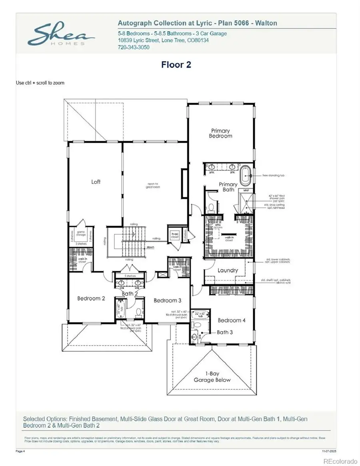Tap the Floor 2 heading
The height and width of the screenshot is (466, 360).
(176, 64)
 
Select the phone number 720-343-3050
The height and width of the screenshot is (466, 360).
(134, 47)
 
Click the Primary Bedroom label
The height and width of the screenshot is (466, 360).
(220, 133)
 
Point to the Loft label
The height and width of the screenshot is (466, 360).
(96, 182)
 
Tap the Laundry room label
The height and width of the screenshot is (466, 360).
(228, 270)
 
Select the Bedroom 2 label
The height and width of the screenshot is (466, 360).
(91, 298)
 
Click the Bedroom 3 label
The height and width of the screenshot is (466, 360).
(168, 300)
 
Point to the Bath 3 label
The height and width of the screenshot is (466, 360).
(226, 332)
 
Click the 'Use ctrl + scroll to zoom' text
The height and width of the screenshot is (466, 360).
(40, 83)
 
